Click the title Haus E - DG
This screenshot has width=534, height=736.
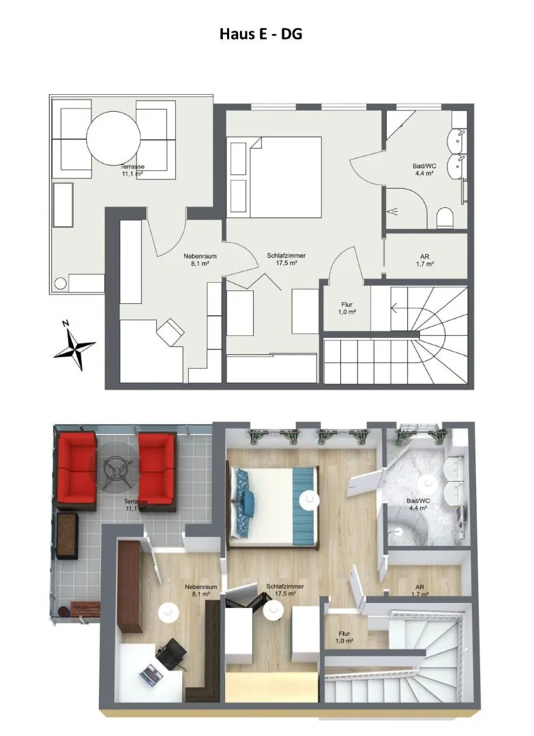pos(261,34)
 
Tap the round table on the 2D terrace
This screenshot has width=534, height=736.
pos(113,138)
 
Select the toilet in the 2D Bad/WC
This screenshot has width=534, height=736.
pos(444,218)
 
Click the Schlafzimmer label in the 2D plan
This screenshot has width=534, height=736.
pos(286,256)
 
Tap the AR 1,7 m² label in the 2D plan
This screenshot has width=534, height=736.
pos(425,260)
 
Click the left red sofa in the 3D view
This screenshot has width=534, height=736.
pos(76,472)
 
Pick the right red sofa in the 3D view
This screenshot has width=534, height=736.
pos(157,472)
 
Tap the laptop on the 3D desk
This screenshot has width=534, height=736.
pos(151,673)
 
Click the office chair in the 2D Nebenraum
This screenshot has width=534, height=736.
pos(170,332)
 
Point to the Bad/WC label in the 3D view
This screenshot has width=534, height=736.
pos(418,501)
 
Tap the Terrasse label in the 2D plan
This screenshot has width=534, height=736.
pos(132,167)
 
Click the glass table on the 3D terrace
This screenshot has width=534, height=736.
pos(114,467)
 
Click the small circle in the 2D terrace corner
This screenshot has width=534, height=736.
pos(61,283)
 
